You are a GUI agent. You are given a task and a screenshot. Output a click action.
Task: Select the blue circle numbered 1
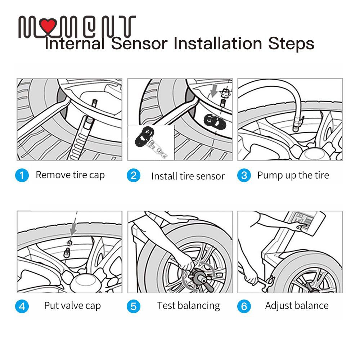22,176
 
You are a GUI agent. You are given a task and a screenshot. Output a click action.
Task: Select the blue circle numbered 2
133,176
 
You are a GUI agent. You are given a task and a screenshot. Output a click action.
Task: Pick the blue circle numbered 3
244,176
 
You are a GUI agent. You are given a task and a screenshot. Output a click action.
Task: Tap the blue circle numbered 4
22,306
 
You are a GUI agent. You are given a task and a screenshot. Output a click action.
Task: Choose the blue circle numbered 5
133,306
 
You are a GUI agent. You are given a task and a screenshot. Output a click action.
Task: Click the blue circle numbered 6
244,306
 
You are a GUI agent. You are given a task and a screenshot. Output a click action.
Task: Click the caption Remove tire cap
70,175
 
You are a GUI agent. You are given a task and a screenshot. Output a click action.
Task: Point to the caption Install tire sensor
188,176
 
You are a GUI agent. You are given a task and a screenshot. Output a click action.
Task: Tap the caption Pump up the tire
293,175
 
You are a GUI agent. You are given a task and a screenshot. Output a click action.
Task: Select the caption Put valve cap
72,306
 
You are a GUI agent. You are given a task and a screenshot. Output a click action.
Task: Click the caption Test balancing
188,306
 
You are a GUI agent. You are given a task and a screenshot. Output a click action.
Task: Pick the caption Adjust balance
297,306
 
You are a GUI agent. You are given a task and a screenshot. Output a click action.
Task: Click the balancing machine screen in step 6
300,218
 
